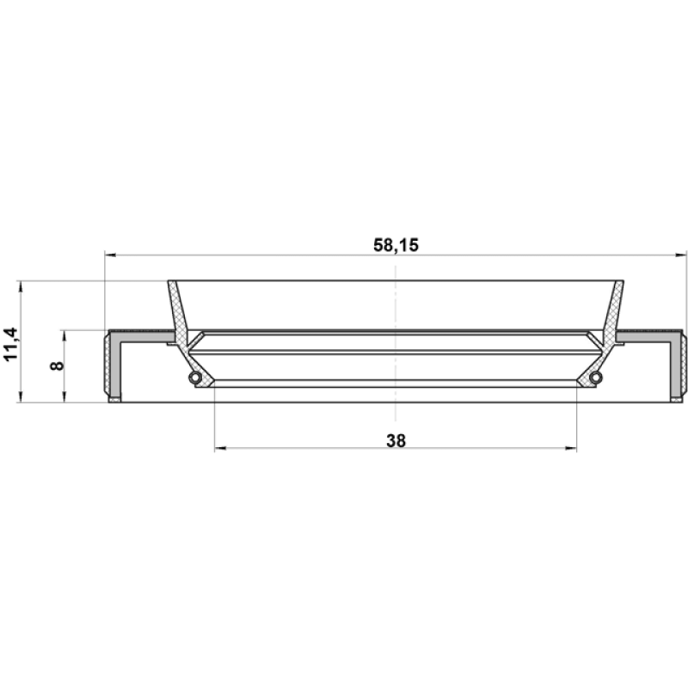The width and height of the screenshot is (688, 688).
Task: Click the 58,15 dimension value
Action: point(396,245)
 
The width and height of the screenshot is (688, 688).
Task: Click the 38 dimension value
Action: point(396,440)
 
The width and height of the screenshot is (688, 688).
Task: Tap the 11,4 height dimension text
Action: point(10,343)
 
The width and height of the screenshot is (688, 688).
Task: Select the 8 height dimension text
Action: point(57,365)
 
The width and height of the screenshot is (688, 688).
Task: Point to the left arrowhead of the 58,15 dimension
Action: point(110,255)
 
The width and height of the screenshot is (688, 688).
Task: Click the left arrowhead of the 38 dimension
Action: point(220,448)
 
